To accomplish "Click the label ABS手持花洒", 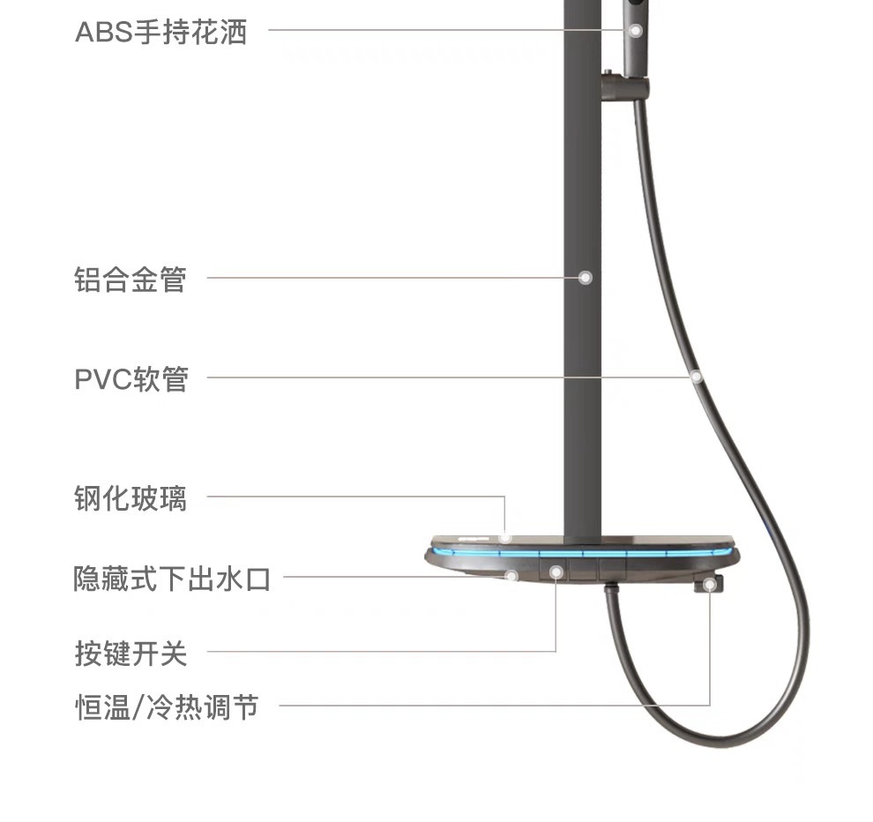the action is pyautogui.click(x=160, y=33).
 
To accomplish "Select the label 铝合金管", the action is pyautogui.click(x=131, y=279).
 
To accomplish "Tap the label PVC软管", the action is pyautogui.click(x=131, y=379).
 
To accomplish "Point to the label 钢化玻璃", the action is pyautogui.click(x=131, y=497).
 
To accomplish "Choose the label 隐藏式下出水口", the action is pyautogui.click(x=172, y=579).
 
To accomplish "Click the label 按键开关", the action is pyautogui.click(x=131, y=654).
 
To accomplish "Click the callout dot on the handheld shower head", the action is pyautogui.click(x=635, y=30).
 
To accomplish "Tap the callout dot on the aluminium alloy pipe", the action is pyautogui.click(x=585, y=278).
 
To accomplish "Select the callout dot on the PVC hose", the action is pyautogui.click(x=696, y=377).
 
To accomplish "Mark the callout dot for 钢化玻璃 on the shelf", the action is pyautogui.click(x=505, y=536).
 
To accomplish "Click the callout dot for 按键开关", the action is pyautogui.click(x=556, y=572).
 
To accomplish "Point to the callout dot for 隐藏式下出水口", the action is pyautogui.click(x=511, y=576).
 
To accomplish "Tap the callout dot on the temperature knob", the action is pyautogui.click(x=710, y=584).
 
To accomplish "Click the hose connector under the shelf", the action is pyautogui.click(x=611, y=589).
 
